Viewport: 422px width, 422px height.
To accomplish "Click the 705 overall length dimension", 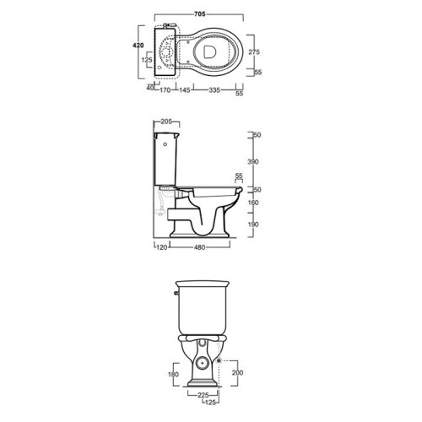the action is (199, 14).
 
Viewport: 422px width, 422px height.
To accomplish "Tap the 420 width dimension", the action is (138, 46).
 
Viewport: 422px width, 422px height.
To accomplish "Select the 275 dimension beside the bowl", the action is (254, 51).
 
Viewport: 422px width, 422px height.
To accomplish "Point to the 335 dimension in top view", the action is (214, 90).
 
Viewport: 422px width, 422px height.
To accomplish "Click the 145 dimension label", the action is (185, 90).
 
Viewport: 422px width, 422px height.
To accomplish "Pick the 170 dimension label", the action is (165, 90).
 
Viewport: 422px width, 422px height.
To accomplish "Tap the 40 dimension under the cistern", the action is (150, 88).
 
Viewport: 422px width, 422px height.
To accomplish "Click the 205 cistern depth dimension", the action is (166, 122).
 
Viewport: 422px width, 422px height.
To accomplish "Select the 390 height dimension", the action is (253, 161).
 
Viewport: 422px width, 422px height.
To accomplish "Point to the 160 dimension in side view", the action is (253, 203).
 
